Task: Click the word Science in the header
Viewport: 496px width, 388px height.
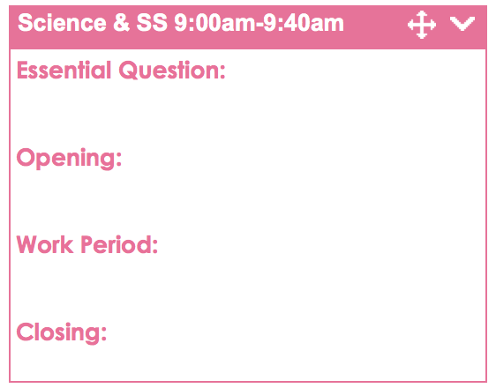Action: [x=62, y=23]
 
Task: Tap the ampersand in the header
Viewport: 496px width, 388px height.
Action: [x=121, y=23]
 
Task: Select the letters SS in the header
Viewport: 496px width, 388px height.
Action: [x=152, y=23]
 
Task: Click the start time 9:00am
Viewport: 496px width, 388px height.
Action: [x=214, y=23]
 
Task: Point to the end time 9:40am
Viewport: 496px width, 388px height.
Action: [x=304, y=23]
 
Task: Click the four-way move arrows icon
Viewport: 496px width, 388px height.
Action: [x=422, y=25]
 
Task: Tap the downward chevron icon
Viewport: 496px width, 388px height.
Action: [x=462, y=24]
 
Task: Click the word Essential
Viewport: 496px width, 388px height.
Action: [x=64, y=70]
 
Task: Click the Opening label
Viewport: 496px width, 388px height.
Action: [x=69, y=159]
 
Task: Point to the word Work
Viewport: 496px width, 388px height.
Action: [x=45, y=244]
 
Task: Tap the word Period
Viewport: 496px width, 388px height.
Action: [x=116, y=244]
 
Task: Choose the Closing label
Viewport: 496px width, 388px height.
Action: [x=62, y=333]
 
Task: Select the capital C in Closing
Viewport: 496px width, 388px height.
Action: [x=25, y=332]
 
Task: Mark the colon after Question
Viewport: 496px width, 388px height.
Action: [x=222, y=72]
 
